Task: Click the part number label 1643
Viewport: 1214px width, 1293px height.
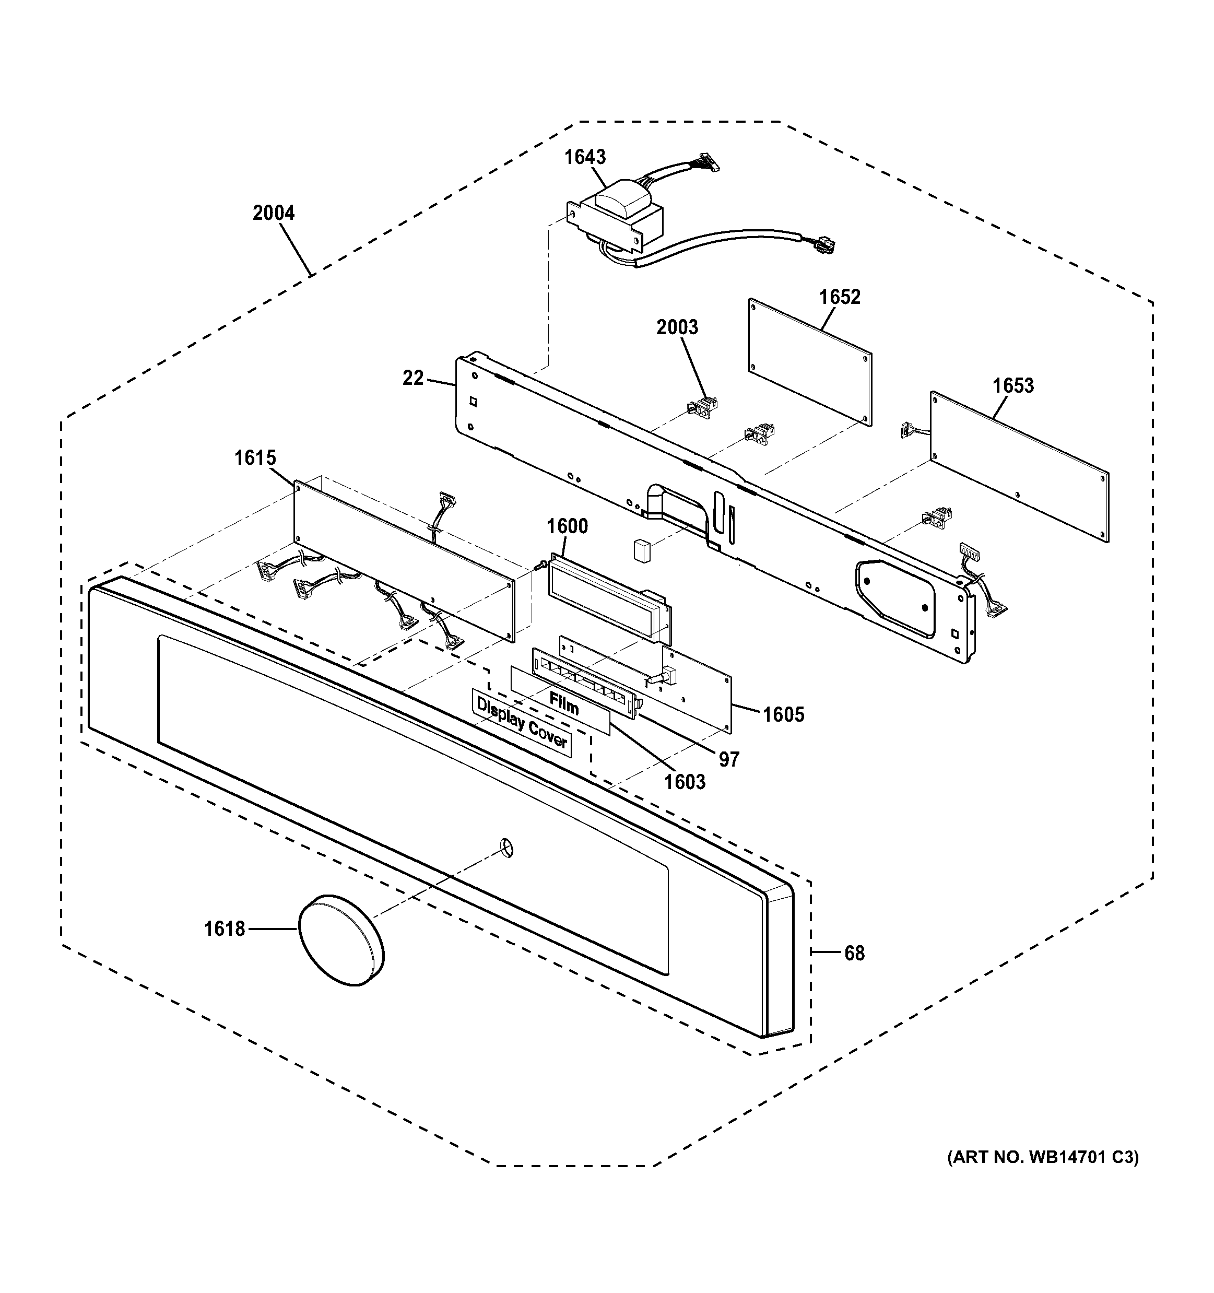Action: tap(585, 157)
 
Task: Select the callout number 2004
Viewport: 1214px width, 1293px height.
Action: tap(273, 213)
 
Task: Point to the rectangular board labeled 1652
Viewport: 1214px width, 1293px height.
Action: tap(809, 361)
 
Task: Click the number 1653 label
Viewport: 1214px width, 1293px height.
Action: tap(1012, 386)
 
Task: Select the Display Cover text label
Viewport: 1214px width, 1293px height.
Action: tap(522, 723)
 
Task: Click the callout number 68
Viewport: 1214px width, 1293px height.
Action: tap(854, 953)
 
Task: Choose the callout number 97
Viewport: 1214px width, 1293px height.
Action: tap(728, 759)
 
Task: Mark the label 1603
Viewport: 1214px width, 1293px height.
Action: tap(684, 781)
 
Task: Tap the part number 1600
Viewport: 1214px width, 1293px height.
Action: tap(567, 525)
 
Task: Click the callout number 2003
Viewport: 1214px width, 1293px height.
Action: tap(677, 326)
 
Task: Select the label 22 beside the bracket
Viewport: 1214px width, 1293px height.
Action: tap(413, 378)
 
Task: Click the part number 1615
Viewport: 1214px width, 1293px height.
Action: tap(255, 458)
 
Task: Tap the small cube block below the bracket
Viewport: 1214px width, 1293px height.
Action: tap(642, 548)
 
